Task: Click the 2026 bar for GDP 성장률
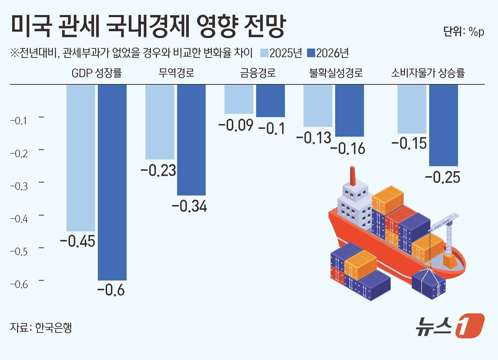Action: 112,182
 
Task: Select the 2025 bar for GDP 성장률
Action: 81,158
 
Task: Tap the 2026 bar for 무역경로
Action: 191,140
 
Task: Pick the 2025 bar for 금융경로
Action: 239,99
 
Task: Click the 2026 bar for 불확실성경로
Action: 349,111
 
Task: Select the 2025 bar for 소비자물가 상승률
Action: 412,109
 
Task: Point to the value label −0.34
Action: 189,207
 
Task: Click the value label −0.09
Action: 235,126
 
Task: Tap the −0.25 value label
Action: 443,178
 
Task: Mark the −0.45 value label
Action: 78,242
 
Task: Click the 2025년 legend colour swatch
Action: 264,53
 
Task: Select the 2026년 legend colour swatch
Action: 311,53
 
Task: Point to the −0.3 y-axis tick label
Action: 19,186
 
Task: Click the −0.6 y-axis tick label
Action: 19,285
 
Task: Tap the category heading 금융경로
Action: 258,73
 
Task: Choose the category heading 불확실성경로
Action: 336,73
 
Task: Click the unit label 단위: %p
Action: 463,32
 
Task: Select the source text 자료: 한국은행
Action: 41,327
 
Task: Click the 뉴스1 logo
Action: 450,325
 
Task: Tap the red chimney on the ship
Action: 353,175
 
